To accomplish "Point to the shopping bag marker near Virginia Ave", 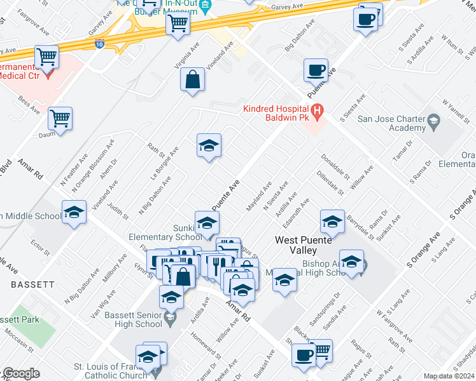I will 192,80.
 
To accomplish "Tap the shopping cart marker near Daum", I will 60,118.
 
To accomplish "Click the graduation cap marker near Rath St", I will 208,146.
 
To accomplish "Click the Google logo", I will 20,373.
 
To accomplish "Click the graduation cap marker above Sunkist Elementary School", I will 206,223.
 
